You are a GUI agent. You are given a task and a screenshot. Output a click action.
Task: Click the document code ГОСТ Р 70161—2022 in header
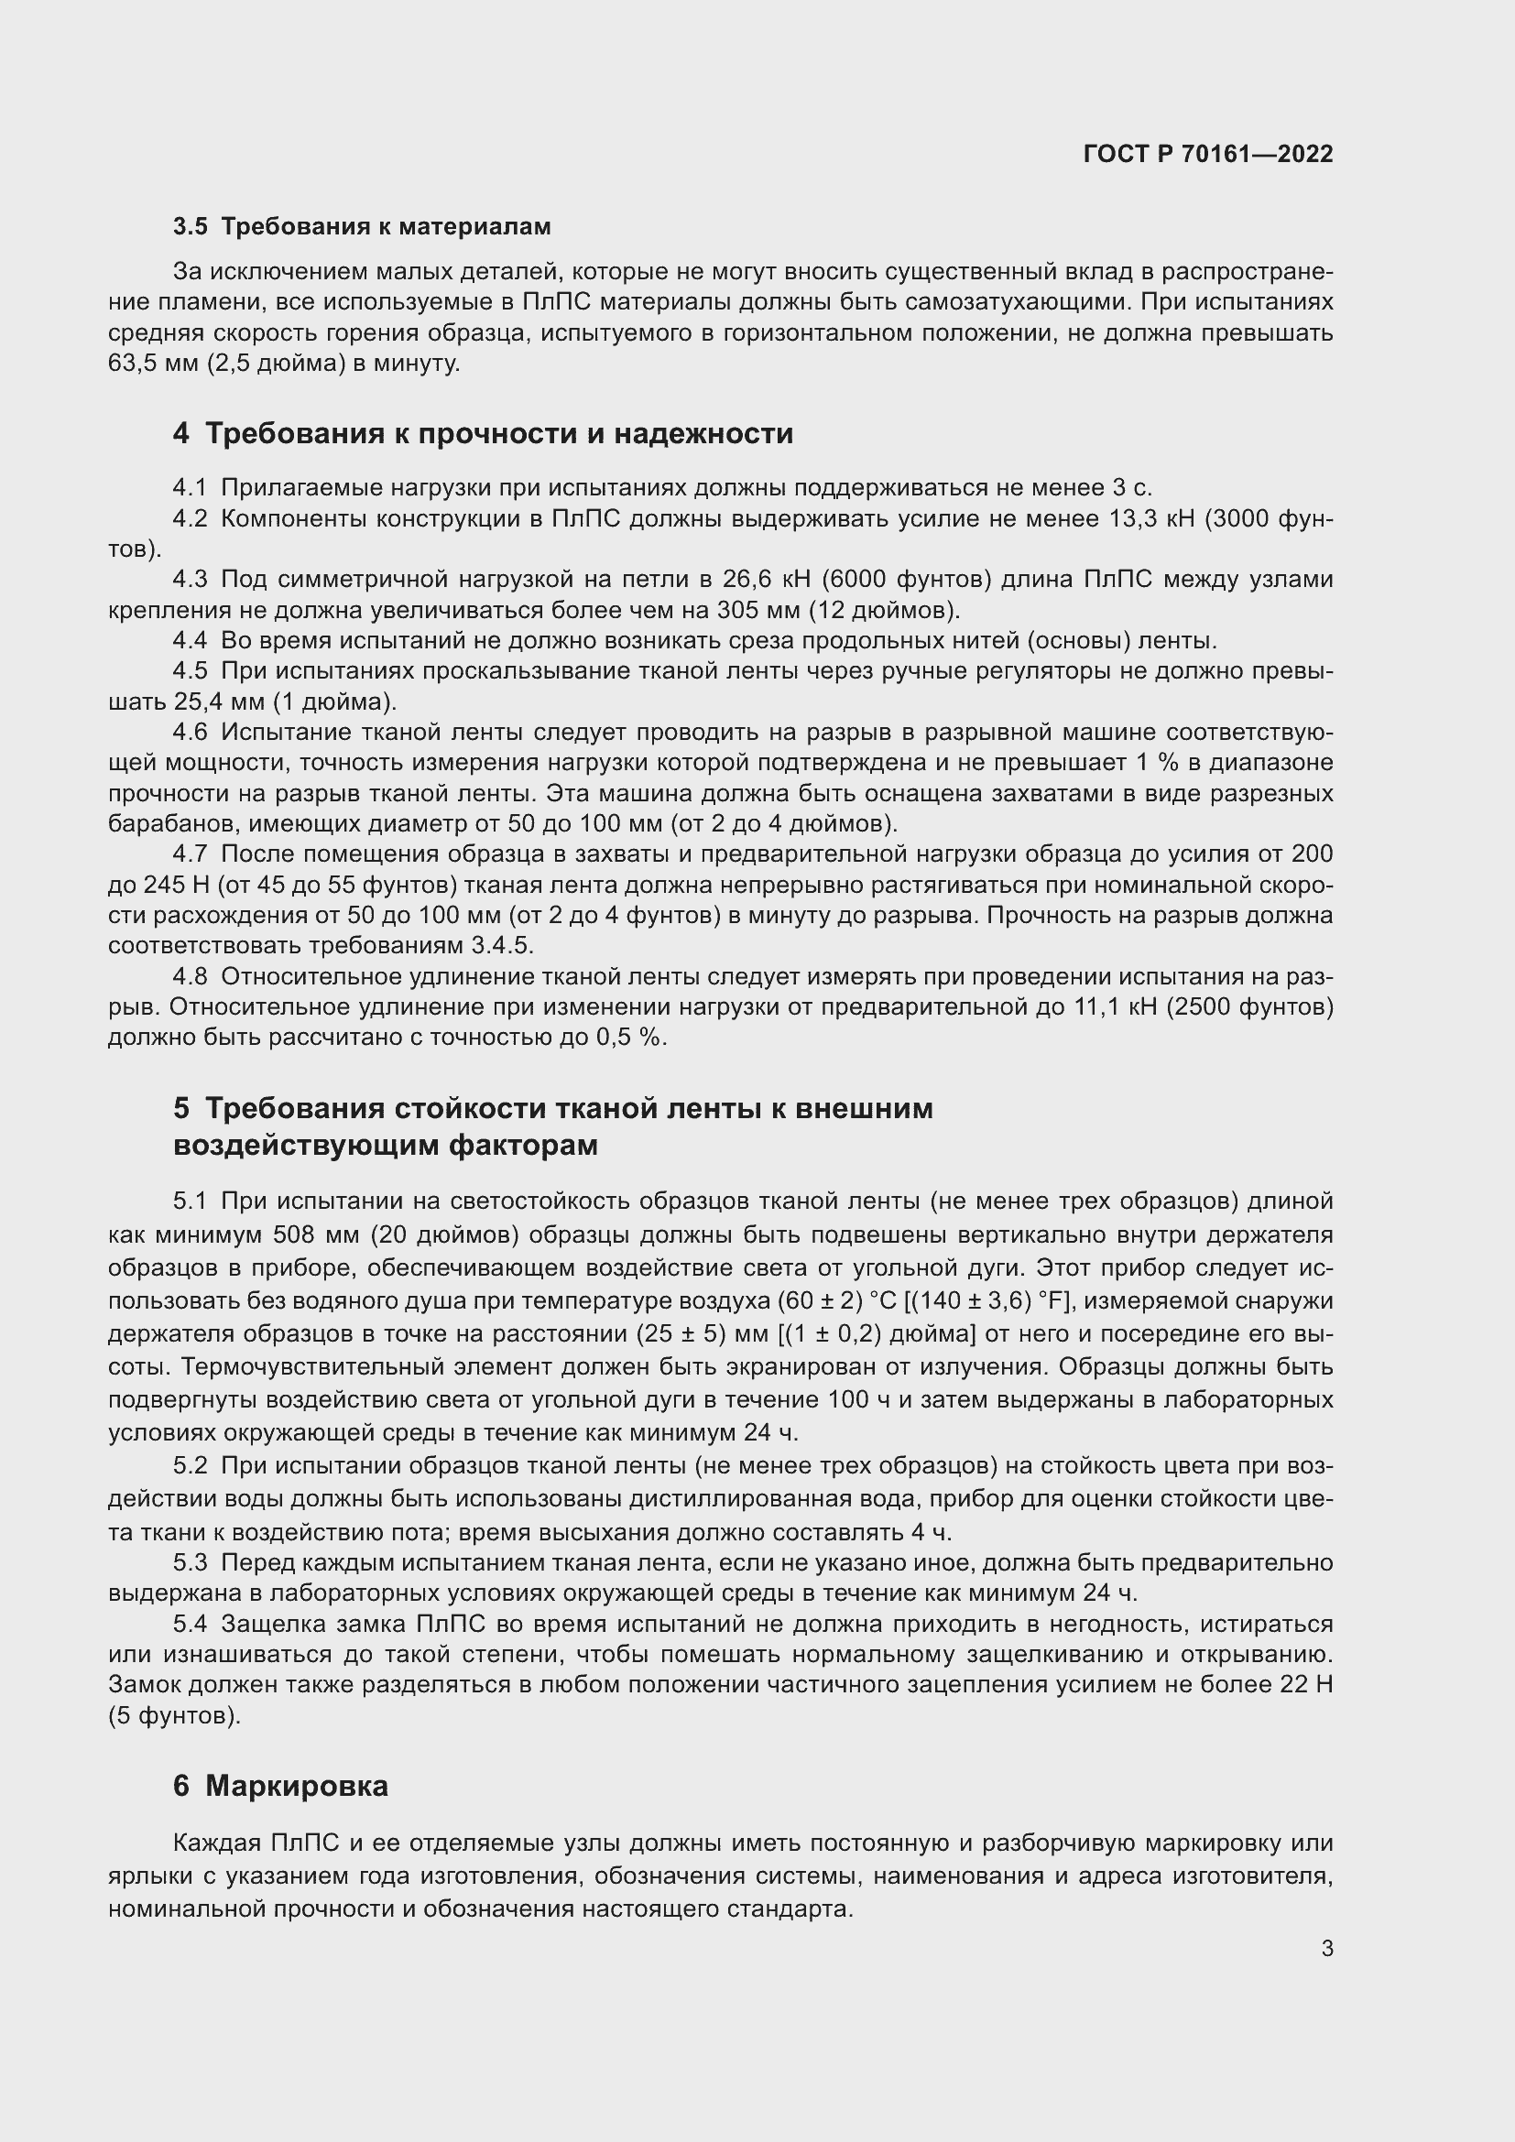pyautogui.click(x=1208, y=154)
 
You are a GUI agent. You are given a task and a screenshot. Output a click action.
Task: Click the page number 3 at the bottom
pyautogui.click(x=1326, y=1949)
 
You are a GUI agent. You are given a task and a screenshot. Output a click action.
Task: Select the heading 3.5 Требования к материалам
pyautogui.click(x=362, y=227)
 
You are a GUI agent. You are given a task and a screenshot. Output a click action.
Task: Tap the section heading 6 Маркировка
pyautogui.click(x=281, y=1786)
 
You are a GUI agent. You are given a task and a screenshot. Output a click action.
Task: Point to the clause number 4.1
pyautogui.click(x=190, y=488)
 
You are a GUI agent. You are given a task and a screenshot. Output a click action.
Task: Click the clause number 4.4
pyautogui.click(x=190, y=641)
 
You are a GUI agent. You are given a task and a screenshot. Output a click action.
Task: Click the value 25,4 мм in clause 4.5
pyautogui.click(x=219, y=701)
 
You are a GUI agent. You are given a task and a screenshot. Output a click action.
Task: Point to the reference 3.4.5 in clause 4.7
pyautogui.click(x=500, y=945)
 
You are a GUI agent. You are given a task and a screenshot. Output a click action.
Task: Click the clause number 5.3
pyautogui.click(x=190, y=1562)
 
